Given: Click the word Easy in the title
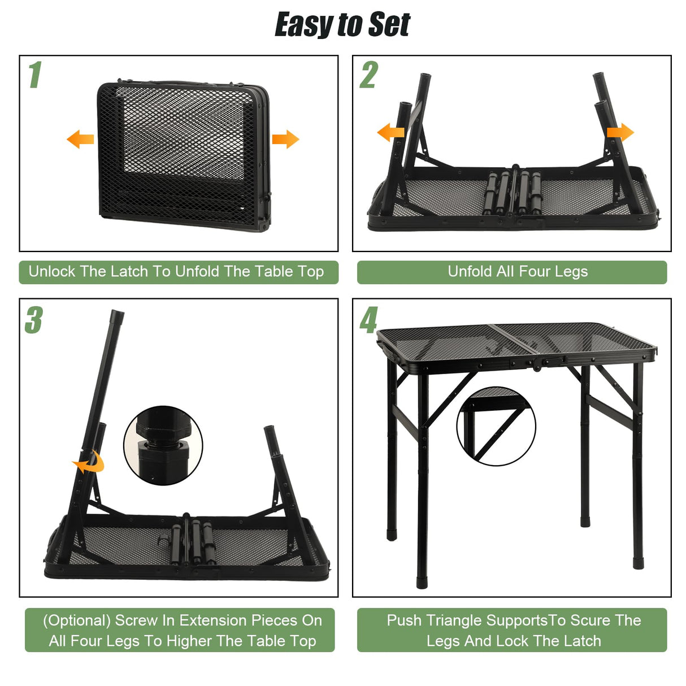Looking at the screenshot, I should pyautogui.click(x=303, y=25).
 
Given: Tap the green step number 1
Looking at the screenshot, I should pyautogui.click(x=35, y=75).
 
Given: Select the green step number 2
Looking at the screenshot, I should pyautogui.click(x=368, y=75).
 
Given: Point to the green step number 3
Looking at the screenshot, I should pyautogui.click(x=34, y=320).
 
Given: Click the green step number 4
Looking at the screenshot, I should pyautogui.click(x=368, y=320).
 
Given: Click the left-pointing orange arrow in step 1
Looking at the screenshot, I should pyautogui.click(x=80, y=139).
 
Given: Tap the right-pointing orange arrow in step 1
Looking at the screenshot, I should pyautogui.click(x=285, y=139).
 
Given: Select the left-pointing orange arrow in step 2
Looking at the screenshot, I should pyautogui.click(x=390, y=133).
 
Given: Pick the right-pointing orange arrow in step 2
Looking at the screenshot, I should pyautogui.click(x=620, y=133).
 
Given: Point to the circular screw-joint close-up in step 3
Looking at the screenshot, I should pyautogui.click(x=163, y=445).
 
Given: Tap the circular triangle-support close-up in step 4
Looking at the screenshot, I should pyautogui.click(x=496, y=426).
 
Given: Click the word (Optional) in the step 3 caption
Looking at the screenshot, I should pyautogui.click(x=77, y=620).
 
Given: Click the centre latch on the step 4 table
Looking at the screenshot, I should pyautogui.click(x=553, y=361).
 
